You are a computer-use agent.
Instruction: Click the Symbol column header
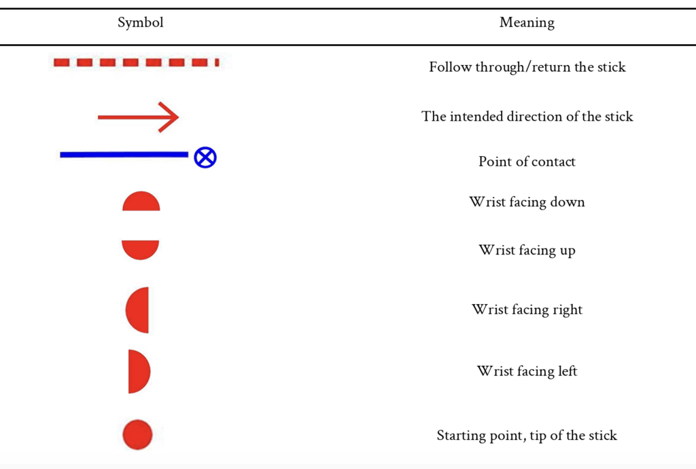tap(140, 22)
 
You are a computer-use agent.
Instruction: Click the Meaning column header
tap(527, 22)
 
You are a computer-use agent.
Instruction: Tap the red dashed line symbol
tap(136, 62)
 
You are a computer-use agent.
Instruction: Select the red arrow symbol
tap(138, 117)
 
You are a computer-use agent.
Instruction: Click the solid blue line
tap(124, 155)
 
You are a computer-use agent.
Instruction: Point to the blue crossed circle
tap(205, 157)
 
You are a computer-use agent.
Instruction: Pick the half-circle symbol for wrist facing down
tap(141, 202)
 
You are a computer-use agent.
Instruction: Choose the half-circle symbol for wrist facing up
tap(140, 250)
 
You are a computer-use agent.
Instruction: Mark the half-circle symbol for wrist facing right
tap(137, 310)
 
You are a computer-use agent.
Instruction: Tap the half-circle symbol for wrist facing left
tap(139, 371)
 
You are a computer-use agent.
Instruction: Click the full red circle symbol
tap(137, 435)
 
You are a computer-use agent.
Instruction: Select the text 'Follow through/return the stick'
tap(527, 67)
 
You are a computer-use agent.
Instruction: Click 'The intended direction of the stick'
tap(527, 116)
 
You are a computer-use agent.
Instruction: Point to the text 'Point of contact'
tap(527, 162)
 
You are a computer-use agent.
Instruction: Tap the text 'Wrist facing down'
tap(527, 202)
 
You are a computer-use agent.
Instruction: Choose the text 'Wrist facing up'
tap(527, 250)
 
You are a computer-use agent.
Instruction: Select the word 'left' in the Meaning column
tap(566, 371)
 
